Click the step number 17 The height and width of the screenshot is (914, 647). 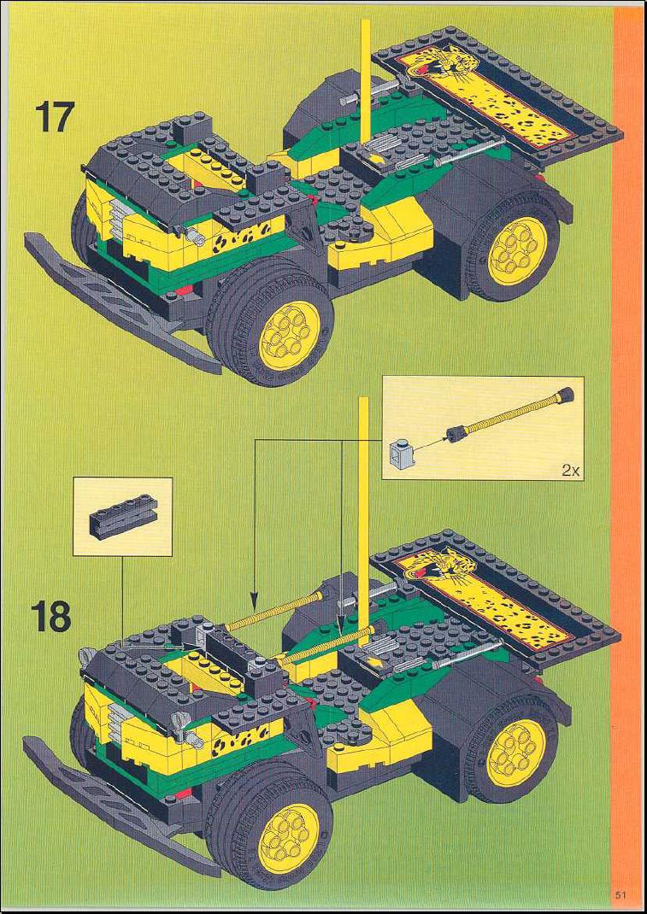tap(55, 116)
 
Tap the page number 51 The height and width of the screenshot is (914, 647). tap(620, 894)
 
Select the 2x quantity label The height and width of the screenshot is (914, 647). tap(569, 471)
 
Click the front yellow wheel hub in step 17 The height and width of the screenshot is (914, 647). tap(289, 335)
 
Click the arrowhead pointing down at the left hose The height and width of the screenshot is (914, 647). tap(254, 600)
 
